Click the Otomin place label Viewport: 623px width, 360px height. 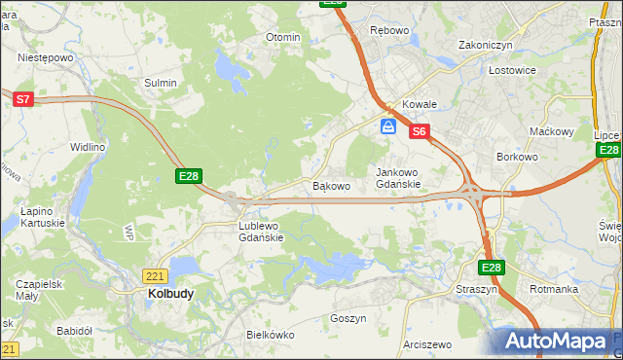click(x=283, y=37)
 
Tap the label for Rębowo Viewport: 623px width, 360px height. click(x=388, y=30)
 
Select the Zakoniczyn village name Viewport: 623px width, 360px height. click(x=486, y=45)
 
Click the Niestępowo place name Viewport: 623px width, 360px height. click(x=46, y=57)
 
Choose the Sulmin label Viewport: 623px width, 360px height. click(x=161, y=83)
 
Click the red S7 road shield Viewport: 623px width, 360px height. click(x=23, y=98)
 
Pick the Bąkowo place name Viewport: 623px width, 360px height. click(x=330, y=185)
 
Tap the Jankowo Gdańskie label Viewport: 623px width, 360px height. click(x=398, y=177)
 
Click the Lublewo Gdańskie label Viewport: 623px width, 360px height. click(x=261, y=231)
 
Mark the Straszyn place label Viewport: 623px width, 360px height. click(x=476, y=289)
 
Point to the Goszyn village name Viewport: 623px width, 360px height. click(x=348, y=318)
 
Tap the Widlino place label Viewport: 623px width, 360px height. click(x=87, y=147)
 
